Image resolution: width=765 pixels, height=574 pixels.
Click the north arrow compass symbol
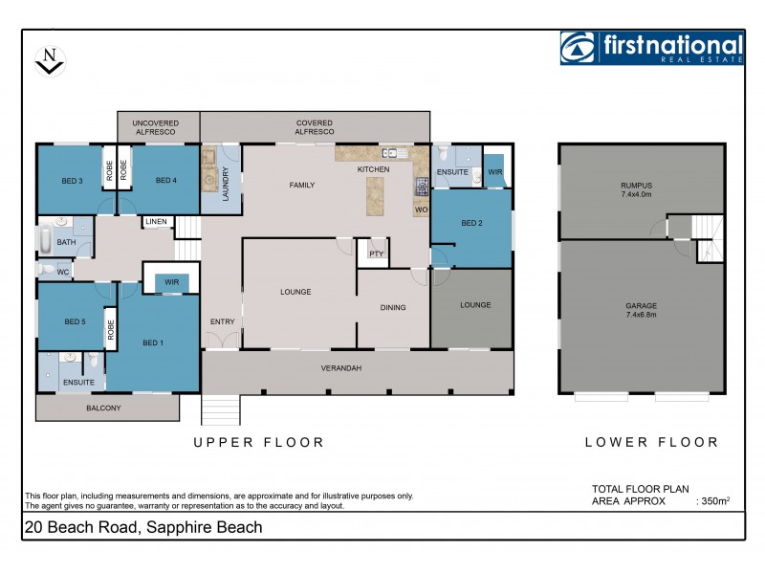tap(49, 60)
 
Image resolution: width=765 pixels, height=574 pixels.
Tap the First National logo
tap(652, 48)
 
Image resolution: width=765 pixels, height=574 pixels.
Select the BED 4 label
tap(165, 180)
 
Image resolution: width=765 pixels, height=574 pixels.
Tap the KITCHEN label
tap(373, 169)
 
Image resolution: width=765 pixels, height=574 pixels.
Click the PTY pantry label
tap(375, 254)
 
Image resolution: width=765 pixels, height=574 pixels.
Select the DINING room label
tap(392, 308)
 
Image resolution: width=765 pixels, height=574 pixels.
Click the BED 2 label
tap(470, 224)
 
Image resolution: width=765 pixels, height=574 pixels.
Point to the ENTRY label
tap(222, 321)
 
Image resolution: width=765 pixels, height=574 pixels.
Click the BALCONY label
tap(103, 408)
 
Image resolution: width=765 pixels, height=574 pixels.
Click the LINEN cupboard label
tap(157, 223)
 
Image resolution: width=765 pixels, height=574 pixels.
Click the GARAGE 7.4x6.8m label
tap(642, 310)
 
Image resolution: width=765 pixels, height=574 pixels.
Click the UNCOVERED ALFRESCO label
tap(157, 127)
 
